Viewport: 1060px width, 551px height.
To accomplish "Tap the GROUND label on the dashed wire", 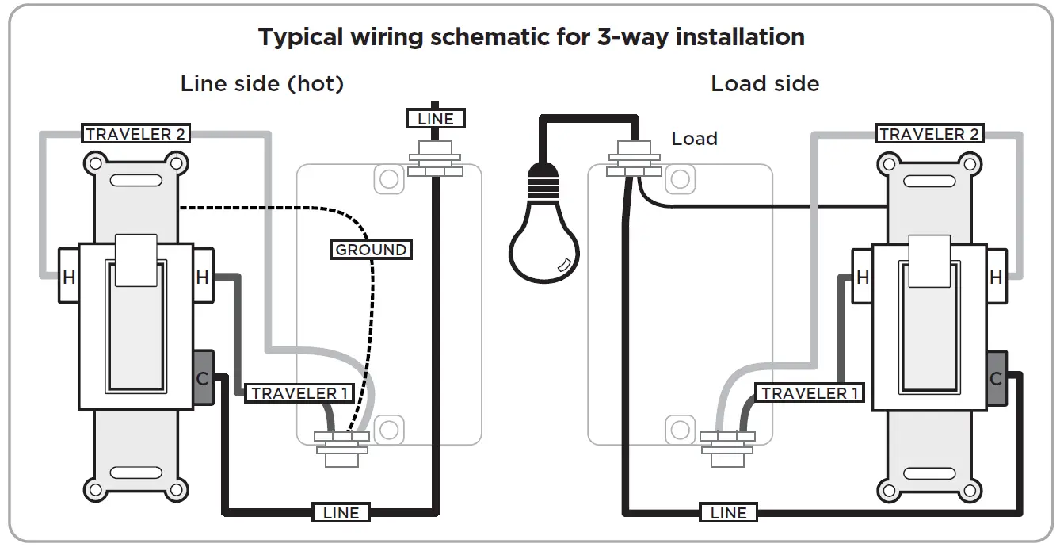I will point(371,250).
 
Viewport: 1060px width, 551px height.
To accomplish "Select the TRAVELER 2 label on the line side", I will point(135,134).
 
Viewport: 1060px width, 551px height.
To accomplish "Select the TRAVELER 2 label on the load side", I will point(928,134).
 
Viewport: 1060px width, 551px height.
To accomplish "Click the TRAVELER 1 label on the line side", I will point(299,393).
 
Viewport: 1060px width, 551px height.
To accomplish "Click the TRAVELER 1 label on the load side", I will point(809,393).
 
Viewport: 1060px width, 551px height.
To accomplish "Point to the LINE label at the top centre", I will point(435,119).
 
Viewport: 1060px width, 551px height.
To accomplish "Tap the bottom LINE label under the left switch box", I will point(341,513).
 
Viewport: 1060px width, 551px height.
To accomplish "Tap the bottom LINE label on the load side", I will point(728,513).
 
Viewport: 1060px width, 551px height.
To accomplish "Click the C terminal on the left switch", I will point(203,378).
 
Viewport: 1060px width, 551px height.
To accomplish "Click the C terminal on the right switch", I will point(996,378).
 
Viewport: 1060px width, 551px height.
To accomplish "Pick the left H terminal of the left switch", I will point(69,277).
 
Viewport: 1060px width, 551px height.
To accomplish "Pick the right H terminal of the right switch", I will point(996,277).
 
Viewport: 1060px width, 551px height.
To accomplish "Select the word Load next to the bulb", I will point(694,139).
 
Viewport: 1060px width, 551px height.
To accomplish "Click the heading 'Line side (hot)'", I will point(262,84).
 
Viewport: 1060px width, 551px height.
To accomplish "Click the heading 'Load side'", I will point(764,84).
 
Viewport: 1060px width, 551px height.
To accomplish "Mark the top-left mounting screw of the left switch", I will point(94,164).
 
